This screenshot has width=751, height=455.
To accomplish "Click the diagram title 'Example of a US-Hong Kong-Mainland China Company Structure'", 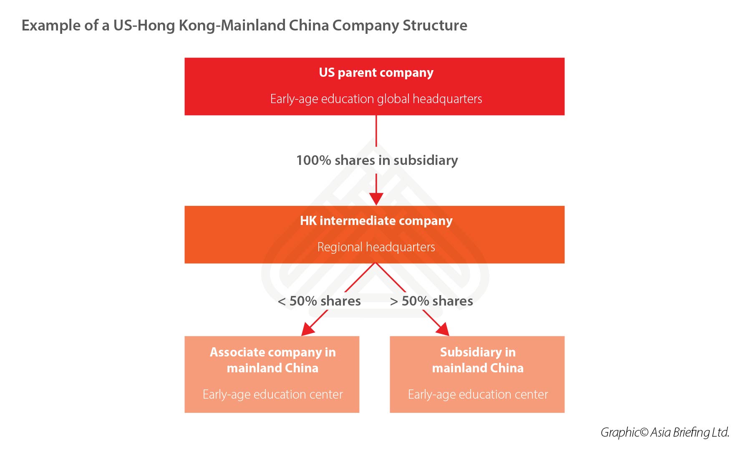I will pos(244,25).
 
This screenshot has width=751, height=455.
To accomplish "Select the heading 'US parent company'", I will pos(376,73).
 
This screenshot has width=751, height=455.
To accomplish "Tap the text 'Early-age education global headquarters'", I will pos(376,99).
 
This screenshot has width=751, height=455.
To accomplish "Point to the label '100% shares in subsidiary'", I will pos(377,160).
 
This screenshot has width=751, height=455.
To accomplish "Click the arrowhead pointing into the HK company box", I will pos(376,199).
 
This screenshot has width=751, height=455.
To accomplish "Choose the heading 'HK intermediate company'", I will pos(376,221).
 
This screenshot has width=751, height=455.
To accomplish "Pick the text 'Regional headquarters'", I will pos(376,247).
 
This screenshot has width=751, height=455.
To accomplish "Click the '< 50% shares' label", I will pos(319,301).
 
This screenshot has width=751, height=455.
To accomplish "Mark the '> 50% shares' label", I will pos(431,301).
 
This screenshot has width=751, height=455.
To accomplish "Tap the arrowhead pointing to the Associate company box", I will pos(307,330).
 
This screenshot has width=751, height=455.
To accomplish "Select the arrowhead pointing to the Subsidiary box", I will pos(443,329).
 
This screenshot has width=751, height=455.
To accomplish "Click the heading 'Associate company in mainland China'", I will pos(272,360).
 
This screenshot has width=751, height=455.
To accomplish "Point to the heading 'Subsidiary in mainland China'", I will pos(478,360).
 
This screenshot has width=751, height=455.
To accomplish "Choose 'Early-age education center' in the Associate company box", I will pos(272,394).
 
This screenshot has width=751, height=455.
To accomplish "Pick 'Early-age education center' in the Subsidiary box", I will pos(478,394).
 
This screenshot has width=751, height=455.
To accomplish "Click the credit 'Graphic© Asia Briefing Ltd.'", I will pos(665,432).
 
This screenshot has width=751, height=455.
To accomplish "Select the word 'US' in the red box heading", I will pos(327,73).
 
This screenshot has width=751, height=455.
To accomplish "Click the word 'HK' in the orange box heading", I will pos(308,221).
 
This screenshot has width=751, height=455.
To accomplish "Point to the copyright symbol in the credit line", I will pos(644,432).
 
